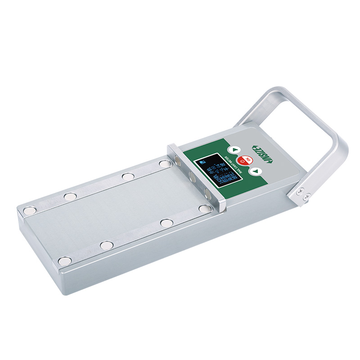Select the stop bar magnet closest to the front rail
pyautogui.click(x=208, y=193)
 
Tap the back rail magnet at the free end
pyautogui.click(x=30, y=210)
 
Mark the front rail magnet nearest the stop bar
pyautogui.click(x=205, y=208)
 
